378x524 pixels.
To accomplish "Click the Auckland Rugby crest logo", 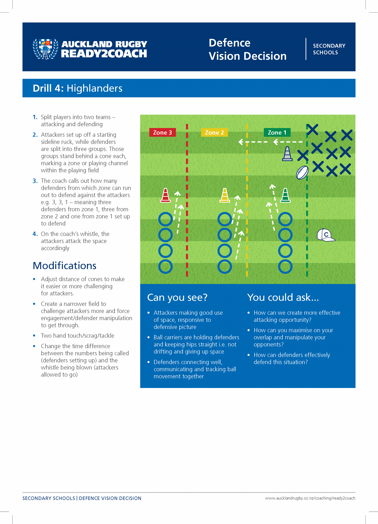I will (45, 49).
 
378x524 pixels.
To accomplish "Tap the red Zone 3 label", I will (162, 133).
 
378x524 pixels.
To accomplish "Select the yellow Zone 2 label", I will (214, 133).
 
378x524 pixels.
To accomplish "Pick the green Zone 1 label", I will (277, 133).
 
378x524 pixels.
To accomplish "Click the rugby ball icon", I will (302, 173).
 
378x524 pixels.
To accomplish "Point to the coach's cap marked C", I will (325, 235).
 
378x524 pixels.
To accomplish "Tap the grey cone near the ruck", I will (287, 154).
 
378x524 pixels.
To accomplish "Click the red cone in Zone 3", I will (165, 195).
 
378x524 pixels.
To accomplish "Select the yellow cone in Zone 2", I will (225, 195).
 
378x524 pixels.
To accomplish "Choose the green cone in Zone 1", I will (285, 195).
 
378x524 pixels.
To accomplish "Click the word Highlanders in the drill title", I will (94, 88).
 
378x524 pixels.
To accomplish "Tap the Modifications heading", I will (64, 266).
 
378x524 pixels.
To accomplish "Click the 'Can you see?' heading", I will (177, 297).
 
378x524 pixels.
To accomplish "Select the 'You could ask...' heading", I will (283, 297).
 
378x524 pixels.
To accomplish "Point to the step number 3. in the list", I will (35, 181).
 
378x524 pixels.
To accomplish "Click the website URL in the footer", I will (310, 498).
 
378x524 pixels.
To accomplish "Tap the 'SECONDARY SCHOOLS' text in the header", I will (329, 49).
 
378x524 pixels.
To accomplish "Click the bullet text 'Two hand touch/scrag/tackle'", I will (78, 336).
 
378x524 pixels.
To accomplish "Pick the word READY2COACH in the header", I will (104, 54).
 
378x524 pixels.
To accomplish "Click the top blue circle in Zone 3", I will (165, 219).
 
